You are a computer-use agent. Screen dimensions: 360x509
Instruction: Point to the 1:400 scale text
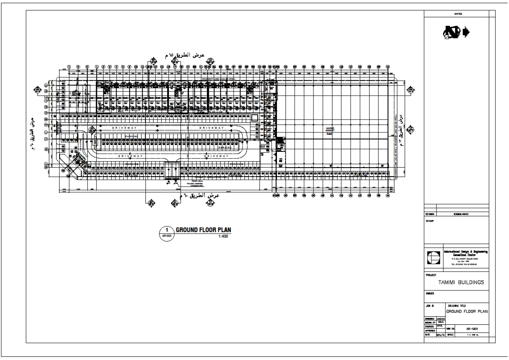[223, 236]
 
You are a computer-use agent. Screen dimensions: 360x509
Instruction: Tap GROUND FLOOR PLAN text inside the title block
[467, 312]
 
